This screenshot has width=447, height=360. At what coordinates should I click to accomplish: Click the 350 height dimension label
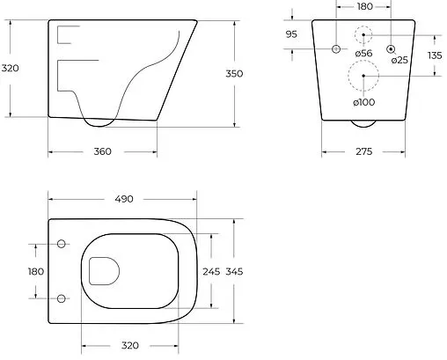[x=234, y=74]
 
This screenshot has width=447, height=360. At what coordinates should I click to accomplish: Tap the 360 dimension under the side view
[x=103, y=151]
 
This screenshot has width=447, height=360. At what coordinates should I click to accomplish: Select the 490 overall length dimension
[x=124, y=199]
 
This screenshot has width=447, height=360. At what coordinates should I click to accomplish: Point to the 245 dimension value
[x=211, y=272]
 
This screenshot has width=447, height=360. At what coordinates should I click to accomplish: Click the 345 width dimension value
[x=234, y=272]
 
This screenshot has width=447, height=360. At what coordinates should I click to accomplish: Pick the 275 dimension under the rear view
[x=363, y=151]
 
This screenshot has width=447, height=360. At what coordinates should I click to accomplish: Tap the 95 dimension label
[x=291, y=34]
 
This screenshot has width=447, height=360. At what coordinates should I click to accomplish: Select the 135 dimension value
[x=435, y=55]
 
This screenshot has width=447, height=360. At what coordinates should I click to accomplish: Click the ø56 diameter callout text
[x=363, y=54]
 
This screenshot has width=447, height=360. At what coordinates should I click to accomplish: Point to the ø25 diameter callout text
[x=399, y=60]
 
